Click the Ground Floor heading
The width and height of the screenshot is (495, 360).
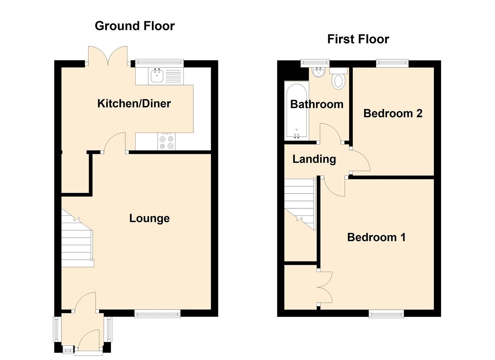tap(135, 26)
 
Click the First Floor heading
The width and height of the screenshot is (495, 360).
tap(358, 39)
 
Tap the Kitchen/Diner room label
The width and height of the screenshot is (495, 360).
tap(134, 104)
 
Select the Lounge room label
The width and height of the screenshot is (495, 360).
tap(149, 218)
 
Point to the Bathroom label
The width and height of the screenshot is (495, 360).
tap(317, 104)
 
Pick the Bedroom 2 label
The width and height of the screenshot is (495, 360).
tap(393, 114)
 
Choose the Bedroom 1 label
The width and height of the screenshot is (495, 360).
tap(376, 237)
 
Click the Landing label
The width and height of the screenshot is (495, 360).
tap(314, 159)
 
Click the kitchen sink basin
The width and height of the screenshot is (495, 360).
tap(157, 76)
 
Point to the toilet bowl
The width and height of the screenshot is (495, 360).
tap(339, 81)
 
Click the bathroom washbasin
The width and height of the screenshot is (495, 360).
tap(318, 72)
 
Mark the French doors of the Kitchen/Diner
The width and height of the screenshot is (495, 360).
tap(108, 56)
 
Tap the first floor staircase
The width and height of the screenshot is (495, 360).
tap(299, 203)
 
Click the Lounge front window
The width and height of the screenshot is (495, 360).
tap(157, 313)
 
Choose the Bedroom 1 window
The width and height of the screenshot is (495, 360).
tap(386, 313)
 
